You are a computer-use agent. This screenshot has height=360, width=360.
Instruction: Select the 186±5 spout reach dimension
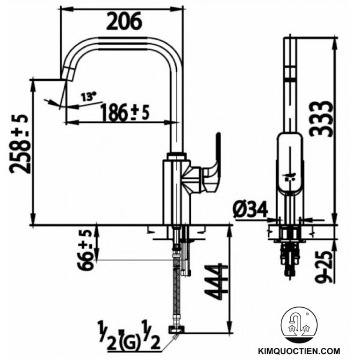tap(124, 112)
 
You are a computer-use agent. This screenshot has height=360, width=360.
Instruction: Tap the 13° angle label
tap(89, 96)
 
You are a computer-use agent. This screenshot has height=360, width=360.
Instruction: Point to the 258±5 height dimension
tap(19, 144)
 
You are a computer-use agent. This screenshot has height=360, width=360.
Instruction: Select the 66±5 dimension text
tap(87, 249)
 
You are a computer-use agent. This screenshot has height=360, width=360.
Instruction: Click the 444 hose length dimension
tap(214, 281)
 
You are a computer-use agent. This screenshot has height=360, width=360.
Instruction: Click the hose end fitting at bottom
tap(178, 329)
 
